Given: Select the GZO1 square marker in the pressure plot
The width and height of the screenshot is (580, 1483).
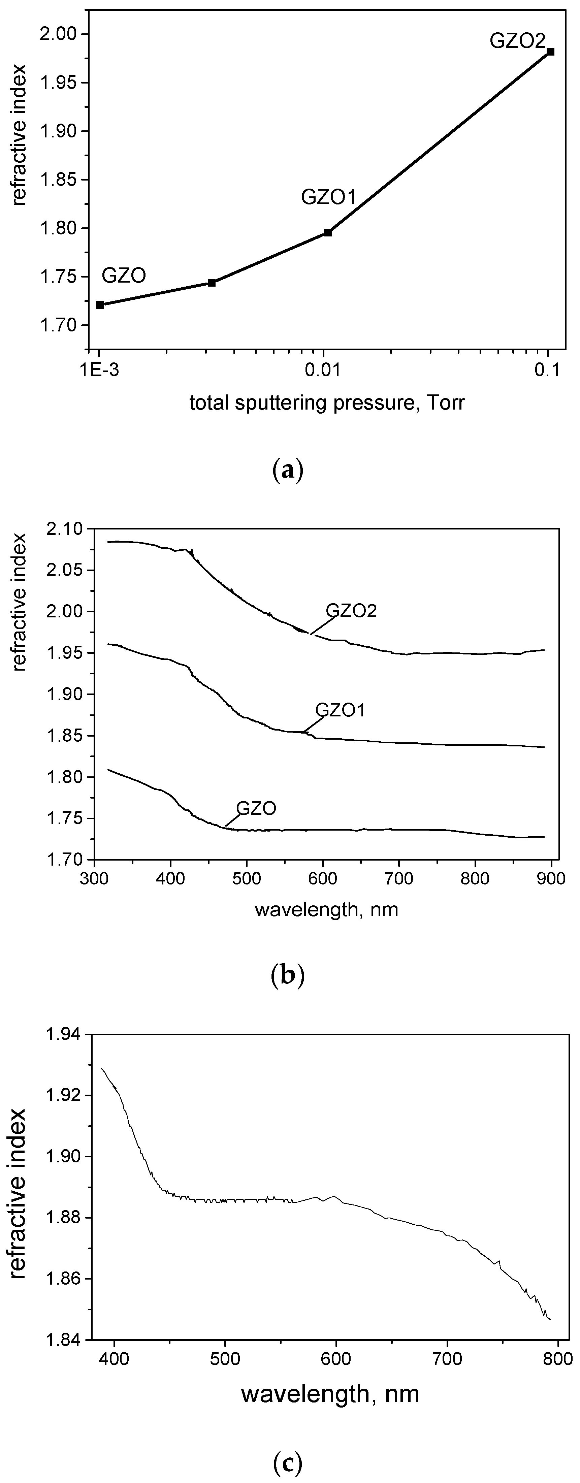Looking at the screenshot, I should tap(328, 233).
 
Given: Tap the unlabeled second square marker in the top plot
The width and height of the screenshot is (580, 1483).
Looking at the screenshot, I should tap(212, 283).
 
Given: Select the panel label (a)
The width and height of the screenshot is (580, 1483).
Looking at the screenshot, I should tap(286, 470).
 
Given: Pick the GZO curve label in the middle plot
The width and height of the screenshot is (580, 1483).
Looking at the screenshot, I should tap(256, 808).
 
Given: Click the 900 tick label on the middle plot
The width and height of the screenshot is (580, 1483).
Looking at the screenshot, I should tap(551, 881).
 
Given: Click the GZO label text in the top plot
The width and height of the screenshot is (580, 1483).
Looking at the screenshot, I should tap(124, 276).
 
